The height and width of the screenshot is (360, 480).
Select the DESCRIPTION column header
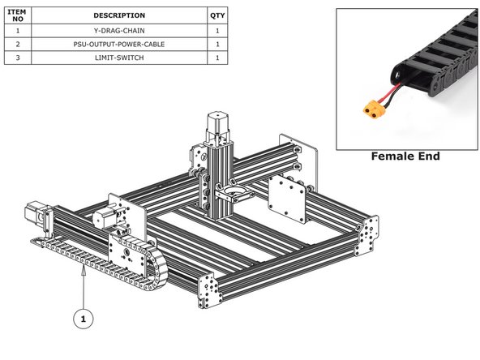pos(119,15)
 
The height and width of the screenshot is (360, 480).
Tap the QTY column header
pos(217,15)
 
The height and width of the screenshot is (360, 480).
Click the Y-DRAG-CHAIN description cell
pos(119,30)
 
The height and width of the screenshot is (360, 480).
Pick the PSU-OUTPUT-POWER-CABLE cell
pos(119,44)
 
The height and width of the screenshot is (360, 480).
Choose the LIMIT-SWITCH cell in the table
pos(119,58)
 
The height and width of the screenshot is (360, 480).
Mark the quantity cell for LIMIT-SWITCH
pos(217,58)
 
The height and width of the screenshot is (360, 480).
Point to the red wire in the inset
pos(393,94)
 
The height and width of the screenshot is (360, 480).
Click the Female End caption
pos(405,156)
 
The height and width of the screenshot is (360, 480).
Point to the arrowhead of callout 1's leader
pos(84,275)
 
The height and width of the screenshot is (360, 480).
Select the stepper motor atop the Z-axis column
pos(216,125)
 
